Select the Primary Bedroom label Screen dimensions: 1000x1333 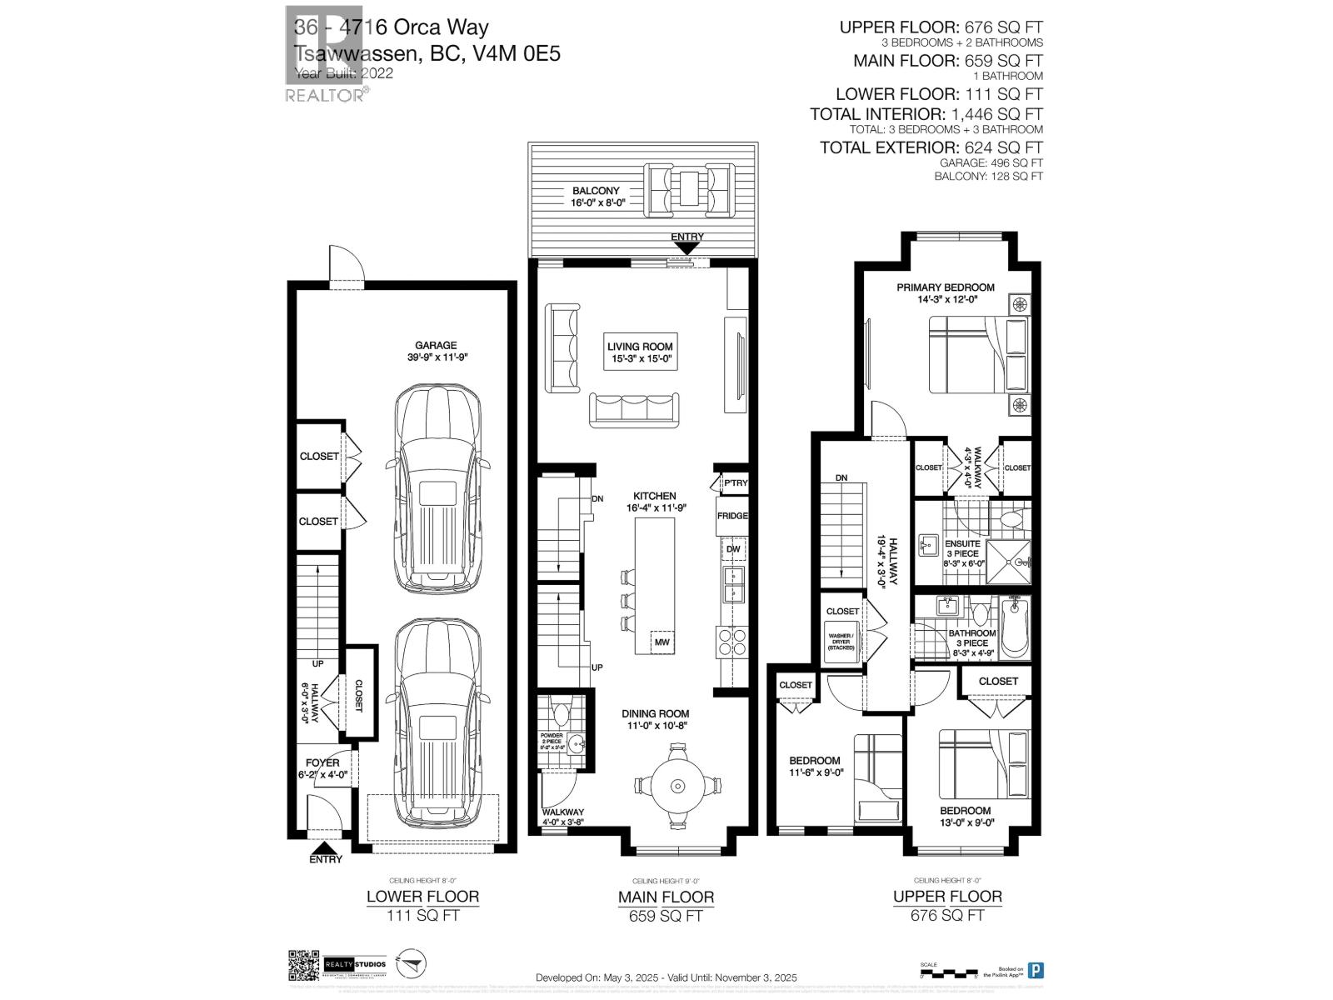pos(946,293)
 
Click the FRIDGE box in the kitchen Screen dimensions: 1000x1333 pos(732,516)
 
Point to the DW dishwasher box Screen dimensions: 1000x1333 pos(733,549)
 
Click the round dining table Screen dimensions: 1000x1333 pos(676,784)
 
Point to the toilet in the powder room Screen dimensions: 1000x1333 pos(561,713)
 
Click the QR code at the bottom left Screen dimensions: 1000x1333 pos(304,967)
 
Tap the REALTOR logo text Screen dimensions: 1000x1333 pos(325,95)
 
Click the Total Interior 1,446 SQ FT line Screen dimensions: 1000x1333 pos(926,114)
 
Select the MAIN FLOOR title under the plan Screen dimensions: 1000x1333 pos(666,897)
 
